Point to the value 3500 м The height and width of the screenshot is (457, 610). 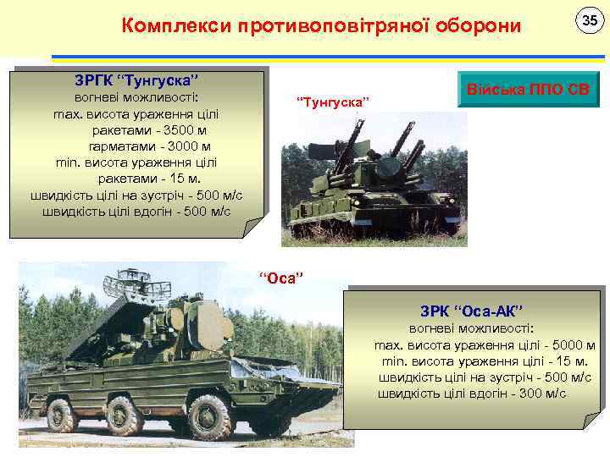[186, 131]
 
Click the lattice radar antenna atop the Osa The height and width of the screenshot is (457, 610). [129, 281]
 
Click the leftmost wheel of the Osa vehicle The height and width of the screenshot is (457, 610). [62, 416]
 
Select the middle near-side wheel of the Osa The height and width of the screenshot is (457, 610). [124, 416]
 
